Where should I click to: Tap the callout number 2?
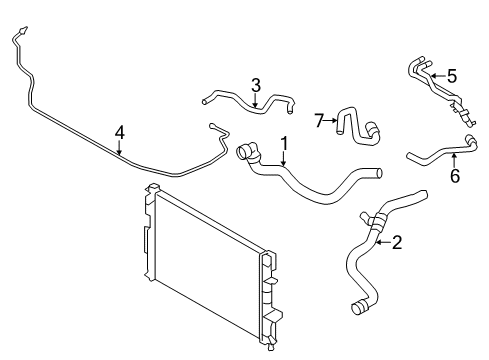(397, 240)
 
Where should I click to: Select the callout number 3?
(256, 84)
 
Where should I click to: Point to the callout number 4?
(120, 131)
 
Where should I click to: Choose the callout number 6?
(454, 176)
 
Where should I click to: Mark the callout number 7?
(319, 121)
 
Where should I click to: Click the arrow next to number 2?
(381, 240)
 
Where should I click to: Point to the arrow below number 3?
(256, 99)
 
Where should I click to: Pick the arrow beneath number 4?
(120, 148)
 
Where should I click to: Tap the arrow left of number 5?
(435, 75)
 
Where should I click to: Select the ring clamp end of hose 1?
(244, 153)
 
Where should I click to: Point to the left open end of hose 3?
(206, 99)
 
